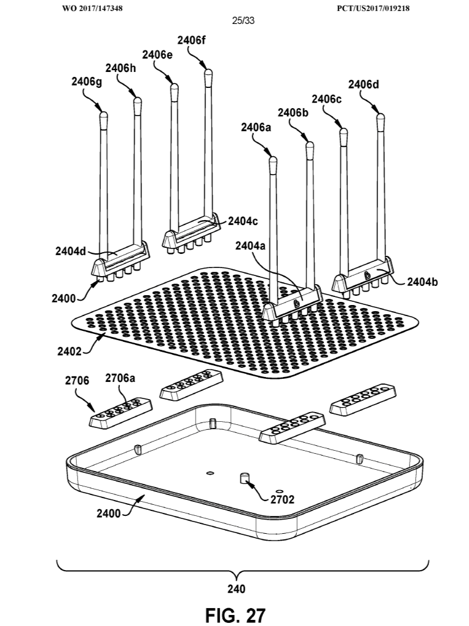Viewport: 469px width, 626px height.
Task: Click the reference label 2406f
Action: [x=192, y=41]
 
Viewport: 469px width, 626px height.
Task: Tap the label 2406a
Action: [x=256, y=127]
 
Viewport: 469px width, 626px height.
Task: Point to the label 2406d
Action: [x=363, y=84]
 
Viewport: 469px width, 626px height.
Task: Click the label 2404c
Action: [x=244, y=221]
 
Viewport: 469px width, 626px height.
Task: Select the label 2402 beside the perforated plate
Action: [x=68, y=352]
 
